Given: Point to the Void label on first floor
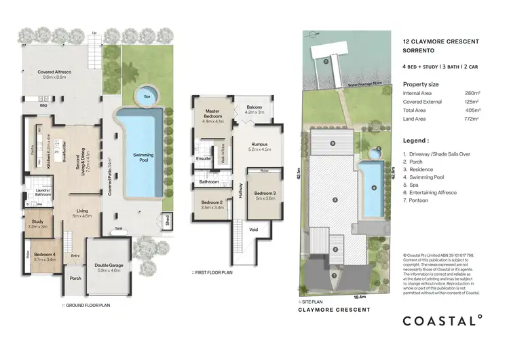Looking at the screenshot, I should coord(253,230).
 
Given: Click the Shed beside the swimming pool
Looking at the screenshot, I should coord(166,219).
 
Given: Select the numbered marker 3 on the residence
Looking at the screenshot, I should coord(333,199).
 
